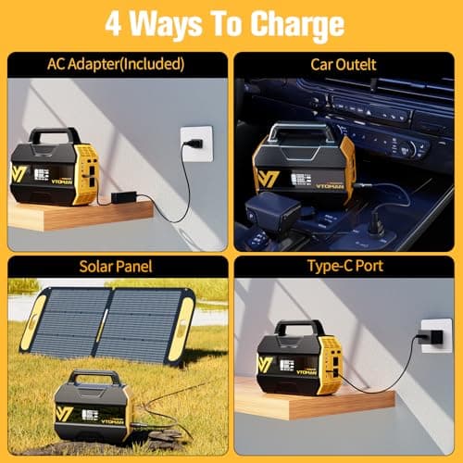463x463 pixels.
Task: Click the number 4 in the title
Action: click(114, 23)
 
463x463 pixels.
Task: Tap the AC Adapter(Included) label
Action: click(116, 64)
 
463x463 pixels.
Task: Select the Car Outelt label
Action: click(346, 64)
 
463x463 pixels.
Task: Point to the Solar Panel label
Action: click(116, 267)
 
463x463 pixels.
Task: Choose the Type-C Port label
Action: click(346, 267)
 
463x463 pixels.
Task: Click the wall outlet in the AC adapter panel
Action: click(196, 144)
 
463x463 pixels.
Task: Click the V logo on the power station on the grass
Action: click(65, 413)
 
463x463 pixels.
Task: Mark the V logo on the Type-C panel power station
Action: click(267, 364)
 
